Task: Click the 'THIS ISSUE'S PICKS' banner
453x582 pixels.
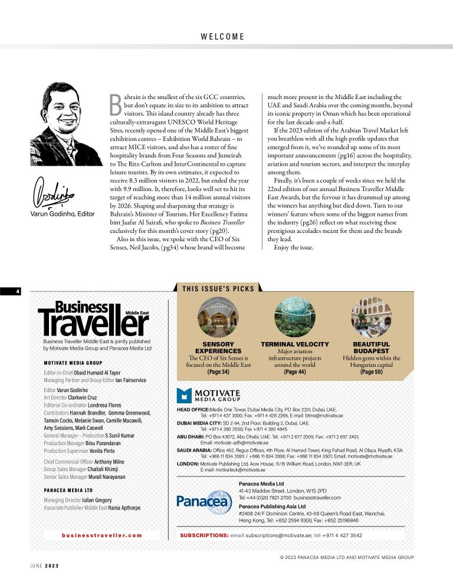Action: point(218,288)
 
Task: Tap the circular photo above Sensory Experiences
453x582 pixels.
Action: point(218,316)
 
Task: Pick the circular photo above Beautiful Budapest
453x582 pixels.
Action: point(371,316)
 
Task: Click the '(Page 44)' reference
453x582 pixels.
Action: point(295,372)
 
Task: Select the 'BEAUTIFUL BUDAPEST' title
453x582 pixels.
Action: point(371,347)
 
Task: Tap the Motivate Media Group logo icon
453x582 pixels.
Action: point(185,395)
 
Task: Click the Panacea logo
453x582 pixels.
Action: point(204,501)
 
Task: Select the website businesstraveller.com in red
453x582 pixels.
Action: point(102,535)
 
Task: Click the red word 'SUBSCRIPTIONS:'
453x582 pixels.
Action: point(204,535)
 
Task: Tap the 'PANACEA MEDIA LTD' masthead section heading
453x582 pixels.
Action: point(68,490)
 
